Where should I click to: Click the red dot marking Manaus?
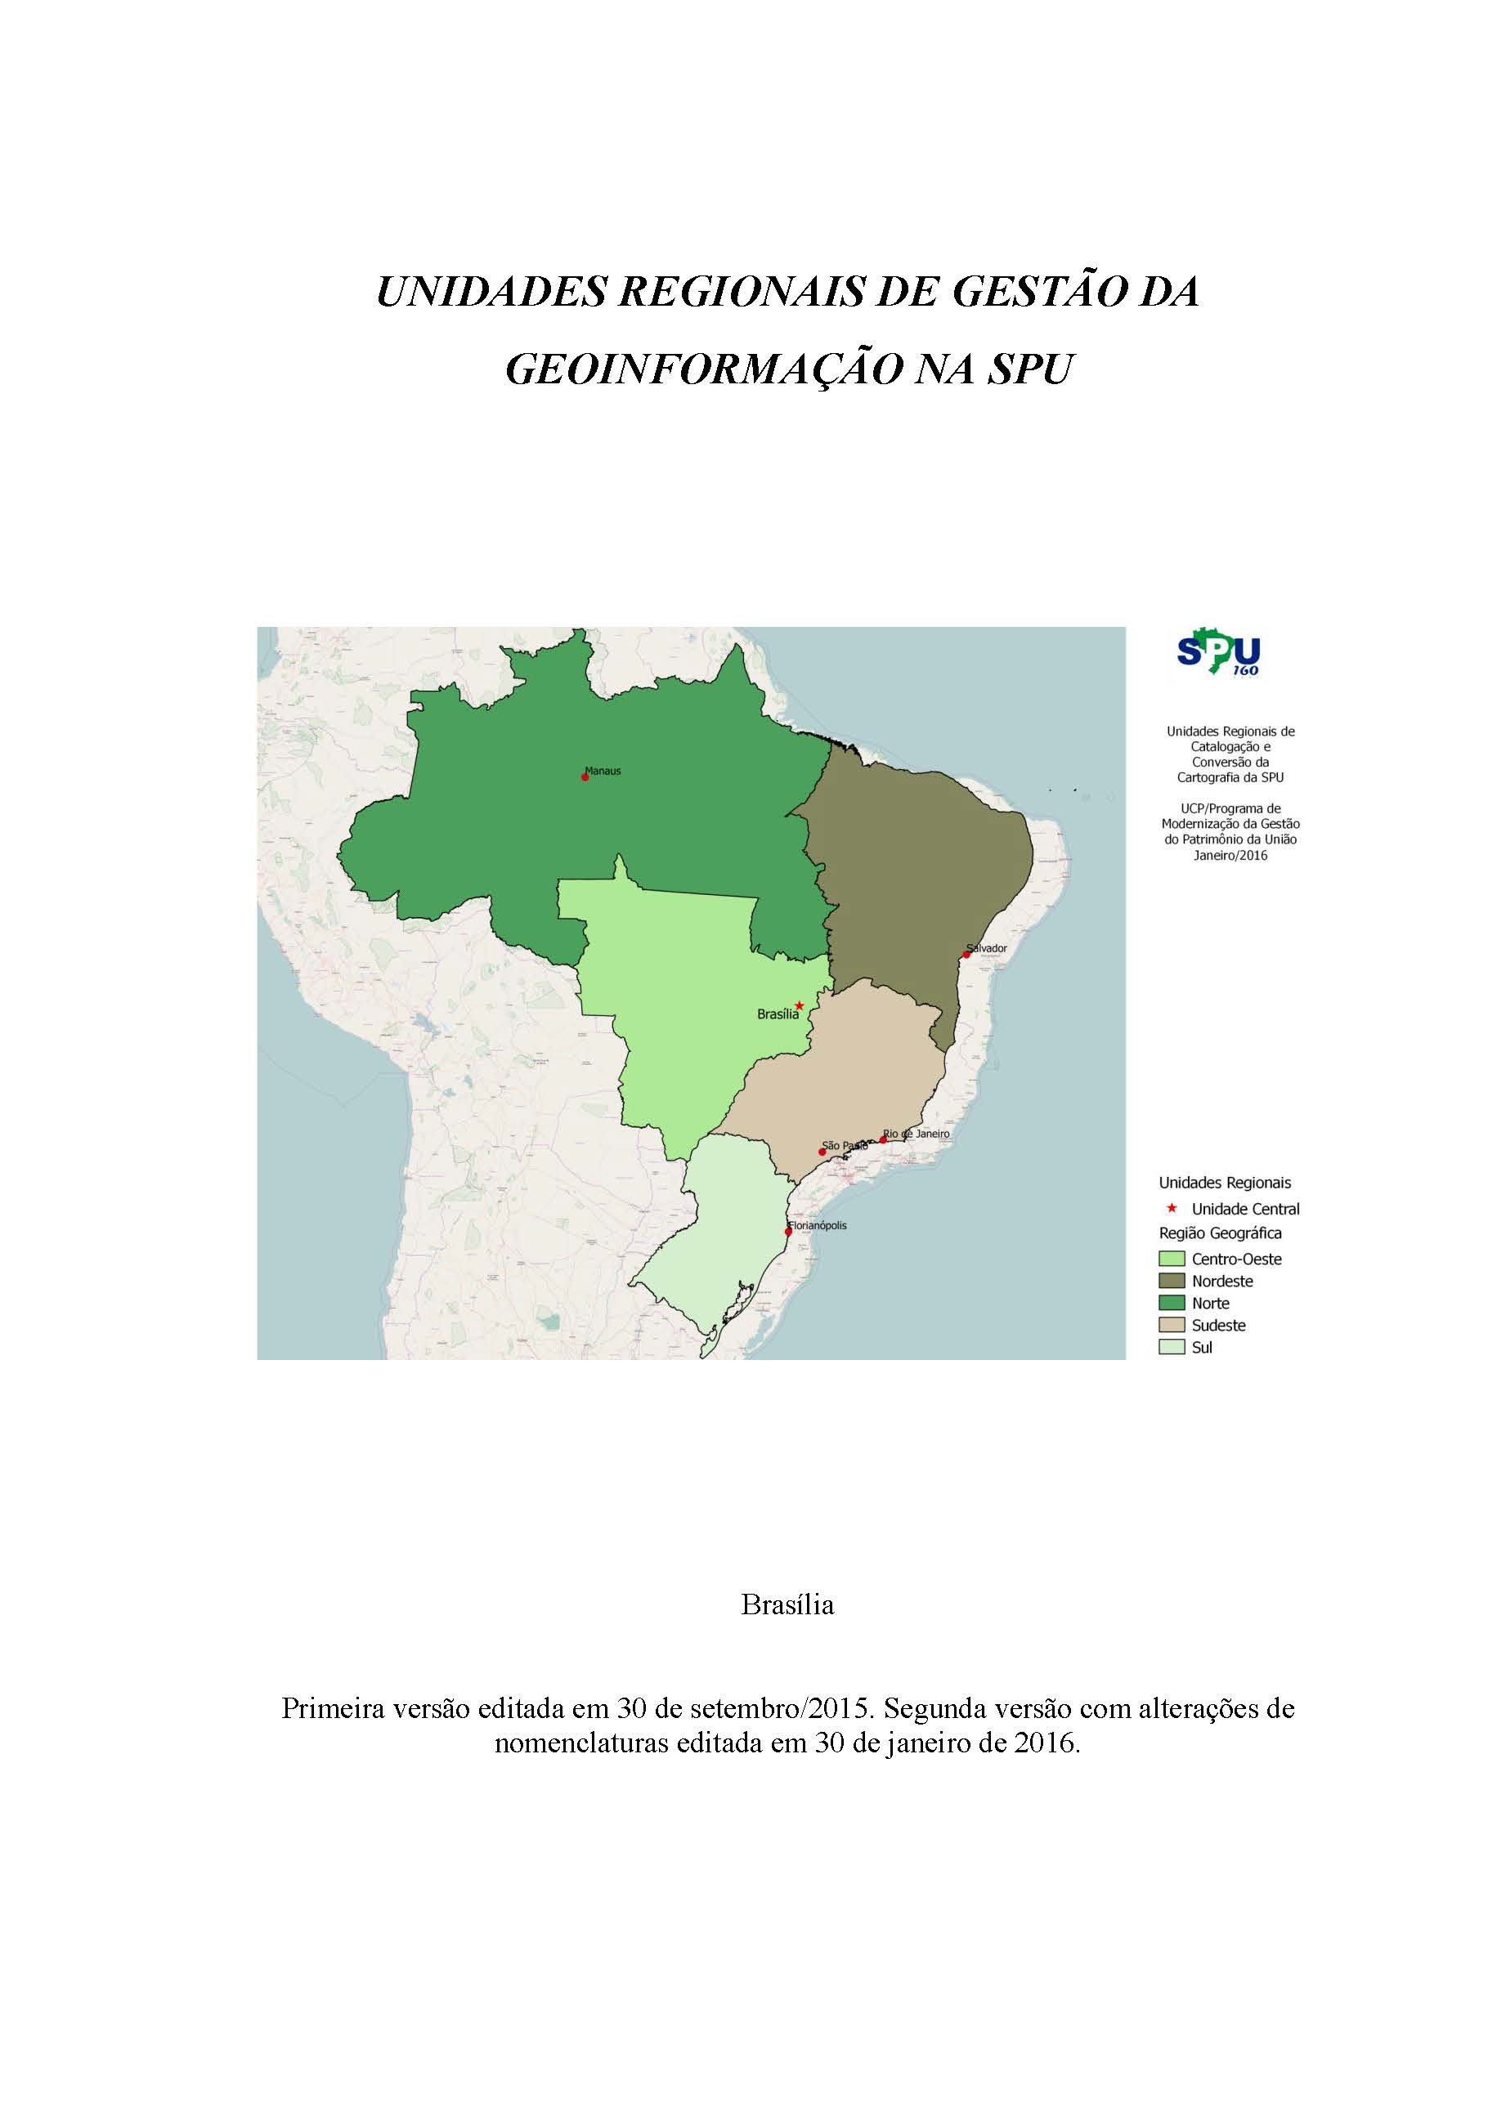coord(585,776)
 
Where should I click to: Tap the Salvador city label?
coord(987,948)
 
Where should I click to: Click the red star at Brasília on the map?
coord(799,1005)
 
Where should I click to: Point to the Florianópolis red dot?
coord(788,1231)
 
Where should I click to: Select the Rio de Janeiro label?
coord(918,1133)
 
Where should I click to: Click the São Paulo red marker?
coord(822,1152)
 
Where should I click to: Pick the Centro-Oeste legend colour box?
coord(1172,1260)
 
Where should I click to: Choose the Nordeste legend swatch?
coord(1172,1282)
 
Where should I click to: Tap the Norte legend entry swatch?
coord(1172,1304)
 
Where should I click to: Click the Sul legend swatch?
coord(1172,1347)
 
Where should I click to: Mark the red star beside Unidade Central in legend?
coord(1171,1208)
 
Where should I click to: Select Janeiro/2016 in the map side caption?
coord(1230,855)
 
